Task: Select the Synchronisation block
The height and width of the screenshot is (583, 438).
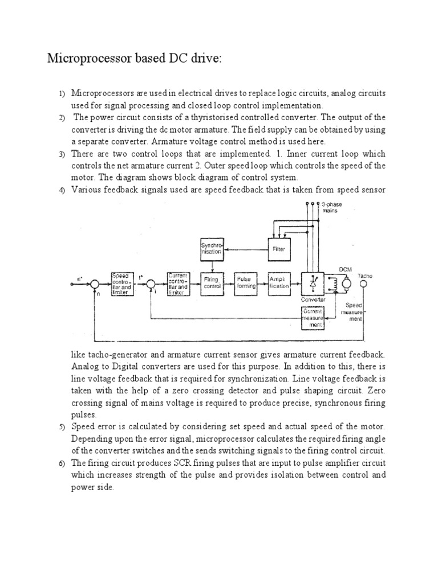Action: coord(212,248)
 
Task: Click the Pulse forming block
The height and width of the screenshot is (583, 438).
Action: coord(245,283)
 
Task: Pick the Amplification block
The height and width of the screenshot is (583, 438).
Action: coord(279,283)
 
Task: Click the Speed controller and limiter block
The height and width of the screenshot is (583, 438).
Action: coord(123,283)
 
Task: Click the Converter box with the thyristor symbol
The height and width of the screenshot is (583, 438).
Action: coord(314,283)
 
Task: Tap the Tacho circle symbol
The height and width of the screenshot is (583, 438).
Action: coord(366,283)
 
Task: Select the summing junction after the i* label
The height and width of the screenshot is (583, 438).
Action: coord(150,283)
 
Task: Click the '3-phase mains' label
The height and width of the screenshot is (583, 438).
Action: coord(331,207)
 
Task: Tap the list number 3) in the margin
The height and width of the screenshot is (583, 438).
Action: coord(62,154)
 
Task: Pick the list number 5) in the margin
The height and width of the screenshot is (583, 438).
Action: coord(62,426)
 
